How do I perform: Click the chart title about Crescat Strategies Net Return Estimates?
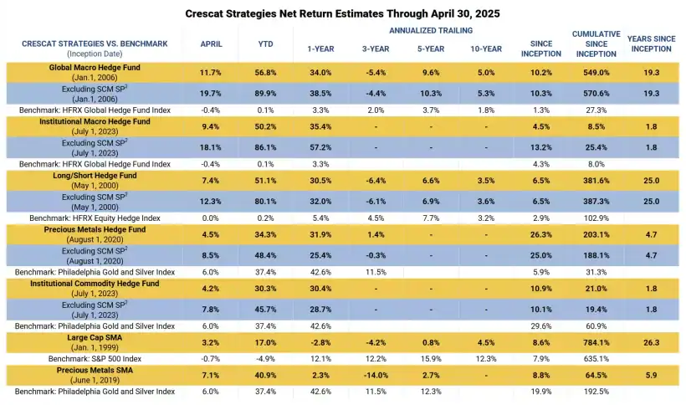pyautogui.click(x=342, y=13)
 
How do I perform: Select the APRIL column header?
pyautogui.click(x=211, y=44)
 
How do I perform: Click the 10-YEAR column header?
pyautogui.click(x=486, y=49)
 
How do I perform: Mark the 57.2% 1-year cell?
pyautogui.click(x=320, y=147)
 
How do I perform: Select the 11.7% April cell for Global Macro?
pyautogui.click(x=211, y=73)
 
